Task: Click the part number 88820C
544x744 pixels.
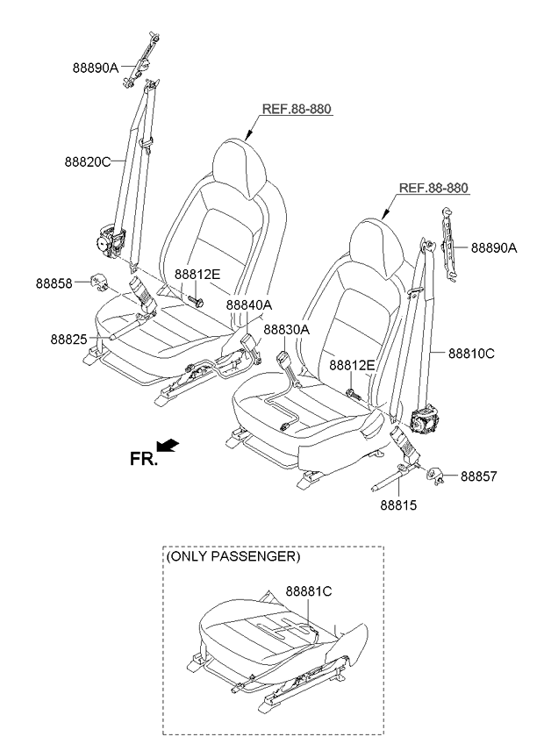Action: tap(88, 161)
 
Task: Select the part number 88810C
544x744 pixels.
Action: tap(471, 354)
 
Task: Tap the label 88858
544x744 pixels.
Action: tap(54, 283)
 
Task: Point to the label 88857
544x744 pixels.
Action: tap(479, 476)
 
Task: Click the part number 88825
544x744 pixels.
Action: tap(68, 340)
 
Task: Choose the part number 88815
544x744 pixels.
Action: tap(398, 504)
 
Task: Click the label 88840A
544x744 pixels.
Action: tap(249, 304)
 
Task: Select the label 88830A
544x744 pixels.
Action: tap(287, 329)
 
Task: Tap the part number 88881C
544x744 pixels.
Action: tap(309, 591)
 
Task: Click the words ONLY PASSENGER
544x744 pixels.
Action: tap(233, 556)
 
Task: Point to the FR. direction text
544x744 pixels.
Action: tap(143, 459)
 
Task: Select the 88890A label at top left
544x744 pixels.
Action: tap(96, 68)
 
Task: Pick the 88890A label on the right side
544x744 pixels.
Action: tap(494, 247)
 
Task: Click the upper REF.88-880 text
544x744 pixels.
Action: tap(297, 109)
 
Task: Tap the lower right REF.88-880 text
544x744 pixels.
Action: tap(433, 188)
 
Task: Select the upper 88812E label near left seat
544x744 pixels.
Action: tap(197, 275)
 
